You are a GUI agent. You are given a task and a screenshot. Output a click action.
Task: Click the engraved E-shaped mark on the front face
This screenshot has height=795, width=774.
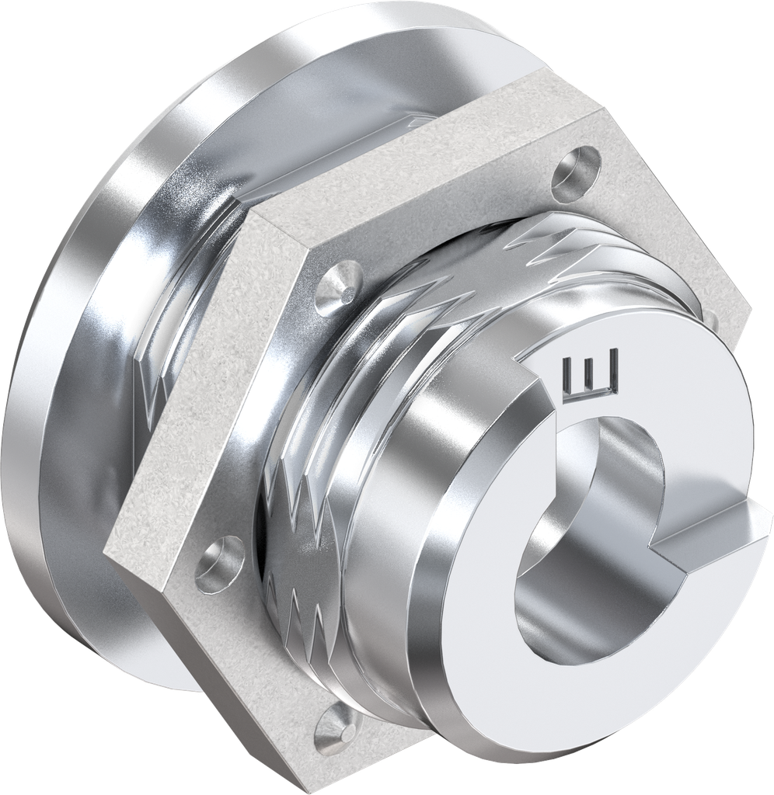click(x=592, y=375)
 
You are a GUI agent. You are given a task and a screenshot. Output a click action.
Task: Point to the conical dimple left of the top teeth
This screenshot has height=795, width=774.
click(x=337, y=283)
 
